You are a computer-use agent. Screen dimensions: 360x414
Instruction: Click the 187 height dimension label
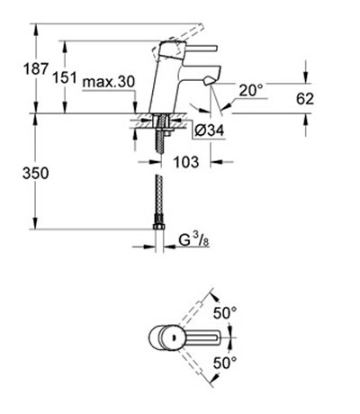[36, 69]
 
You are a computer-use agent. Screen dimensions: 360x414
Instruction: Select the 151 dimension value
[65, 77]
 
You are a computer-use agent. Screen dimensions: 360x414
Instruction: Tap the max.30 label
[109, 82]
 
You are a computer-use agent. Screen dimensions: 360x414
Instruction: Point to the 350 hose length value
[35, 174]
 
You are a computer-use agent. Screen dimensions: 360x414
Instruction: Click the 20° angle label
[251, 90]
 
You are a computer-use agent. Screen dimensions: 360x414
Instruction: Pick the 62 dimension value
[305, 99]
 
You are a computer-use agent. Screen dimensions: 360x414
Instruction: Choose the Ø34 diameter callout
[209, 130]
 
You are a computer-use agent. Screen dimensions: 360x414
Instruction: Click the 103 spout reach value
[186, 162]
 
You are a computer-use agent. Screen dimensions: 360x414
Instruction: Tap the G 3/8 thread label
[193, 240]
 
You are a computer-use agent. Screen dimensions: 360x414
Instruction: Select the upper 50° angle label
[225, 313]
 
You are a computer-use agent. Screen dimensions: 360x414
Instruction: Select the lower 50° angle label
[225, 364]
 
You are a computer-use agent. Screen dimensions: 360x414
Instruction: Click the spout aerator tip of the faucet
[209, 81]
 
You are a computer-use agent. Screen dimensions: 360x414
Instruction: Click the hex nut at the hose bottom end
[158, 227]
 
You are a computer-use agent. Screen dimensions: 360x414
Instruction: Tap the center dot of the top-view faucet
[173, 337]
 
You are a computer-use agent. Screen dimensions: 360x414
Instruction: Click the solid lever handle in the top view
[200, 337]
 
